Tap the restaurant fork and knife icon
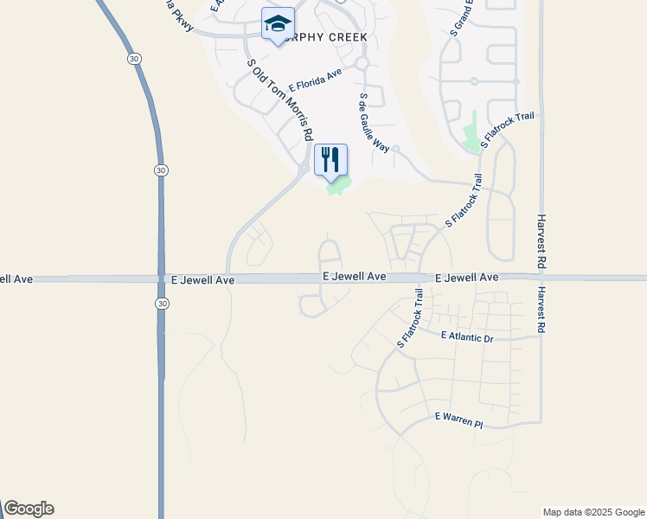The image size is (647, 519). coord(330,159)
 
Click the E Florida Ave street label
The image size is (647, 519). coord(315,80)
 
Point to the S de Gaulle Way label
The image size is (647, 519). coord(375,122)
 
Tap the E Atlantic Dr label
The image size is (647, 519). coord(466,336)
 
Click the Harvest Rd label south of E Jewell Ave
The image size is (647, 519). coord(541,310)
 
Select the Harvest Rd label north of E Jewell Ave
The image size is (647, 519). coord(542,240)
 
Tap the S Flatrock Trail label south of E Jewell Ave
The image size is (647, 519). coord(409,318)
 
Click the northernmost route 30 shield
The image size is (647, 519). coord(132,58)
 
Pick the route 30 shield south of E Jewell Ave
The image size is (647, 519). coord(162,303)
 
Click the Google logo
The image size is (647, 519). coord(29,509)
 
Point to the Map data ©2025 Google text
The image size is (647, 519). coord(593,512)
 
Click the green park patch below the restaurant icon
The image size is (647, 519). coord(338,186)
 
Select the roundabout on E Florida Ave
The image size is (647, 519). coord(362,63)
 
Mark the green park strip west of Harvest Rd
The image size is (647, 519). coord(471,132)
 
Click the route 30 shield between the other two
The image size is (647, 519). coord(161,170)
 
